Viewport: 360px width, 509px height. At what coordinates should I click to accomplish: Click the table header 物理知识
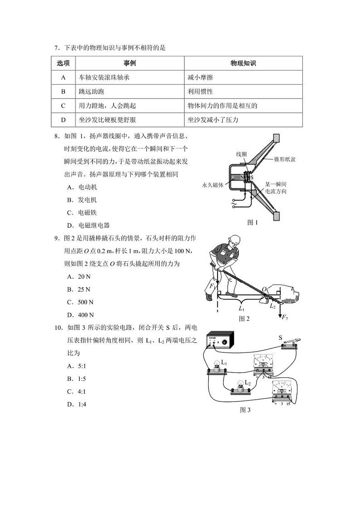coord(243,64)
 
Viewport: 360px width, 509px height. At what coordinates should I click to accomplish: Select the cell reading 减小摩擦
coord(200,78)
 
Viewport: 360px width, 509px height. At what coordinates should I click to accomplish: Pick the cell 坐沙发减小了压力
coord(213,120)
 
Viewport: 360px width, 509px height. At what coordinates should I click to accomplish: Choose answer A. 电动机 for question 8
coord(82,187)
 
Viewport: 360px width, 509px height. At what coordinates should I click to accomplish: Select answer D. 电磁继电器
coord(88,225)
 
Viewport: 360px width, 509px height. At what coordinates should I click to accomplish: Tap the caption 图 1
coord(252,222)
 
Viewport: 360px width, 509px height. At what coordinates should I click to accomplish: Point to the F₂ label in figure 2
coord(284,318)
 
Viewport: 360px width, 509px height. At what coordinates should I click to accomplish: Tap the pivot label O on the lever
coord(264,289)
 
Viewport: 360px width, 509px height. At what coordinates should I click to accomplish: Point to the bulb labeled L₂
coord(239,387)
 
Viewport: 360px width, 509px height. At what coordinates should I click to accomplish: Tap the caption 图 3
coord(245,410)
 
